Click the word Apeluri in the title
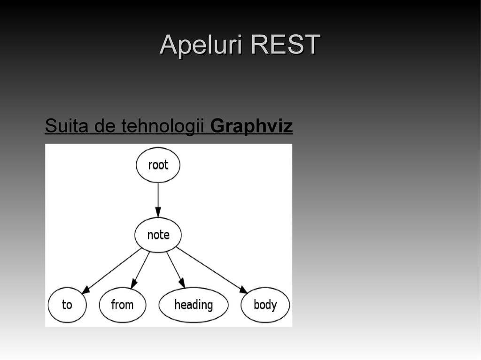pos(201,46)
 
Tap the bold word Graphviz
pos(252,126)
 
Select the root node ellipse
pos(158,165)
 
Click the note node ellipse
pos(158,235)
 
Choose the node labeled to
pos(67,305)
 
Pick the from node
pos(122,305)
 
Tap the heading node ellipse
pos(194,305)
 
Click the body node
pos(265,305)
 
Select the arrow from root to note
pos(158,197)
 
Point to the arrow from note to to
pos(113,269)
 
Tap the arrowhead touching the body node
pos(243,289)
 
